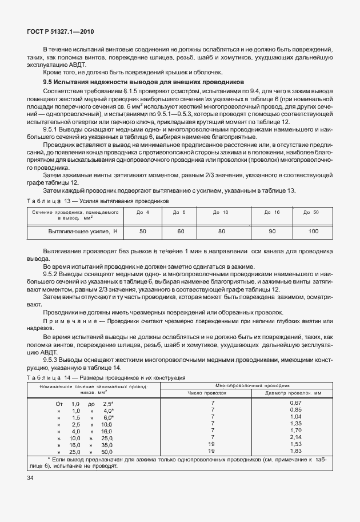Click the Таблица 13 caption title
tap(95, 202)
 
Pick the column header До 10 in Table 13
tap(221, 213)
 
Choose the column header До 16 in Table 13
tap(272, 213)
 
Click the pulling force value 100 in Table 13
tap(313, 231)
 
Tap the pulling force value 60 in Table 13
tap(181, 231)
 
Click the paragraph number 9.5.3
tap(51, 360)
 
